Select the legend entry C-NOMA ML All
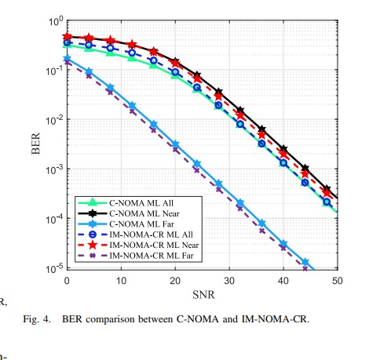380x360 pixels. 141,202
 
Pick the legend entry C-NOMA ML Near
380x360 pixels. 143,213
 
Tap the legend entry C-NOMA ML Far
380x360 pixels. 141,224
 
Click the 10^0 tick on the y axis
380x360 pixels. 54,20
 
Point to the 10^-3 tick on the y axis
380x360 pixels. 53,169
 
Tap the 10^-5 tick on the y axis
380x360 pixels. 53,268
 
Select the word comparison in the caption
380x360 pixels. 163,319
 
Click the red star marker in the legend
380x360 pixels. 91,245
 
